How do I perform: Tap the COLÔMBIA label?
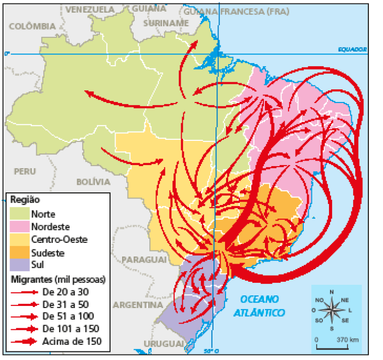point(32,26)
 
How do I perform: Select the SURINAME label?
point(166,23)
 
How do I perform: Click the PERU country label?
point(25,172)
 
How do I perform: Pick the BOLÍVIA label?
point(93,182)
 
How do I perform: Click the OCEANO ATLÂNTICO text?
point(259,305)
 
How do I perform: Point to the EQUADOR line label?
point(352,49)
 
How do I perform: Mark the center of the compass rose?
point(332,310)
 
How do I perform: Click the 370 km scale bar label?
point(347,339)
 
